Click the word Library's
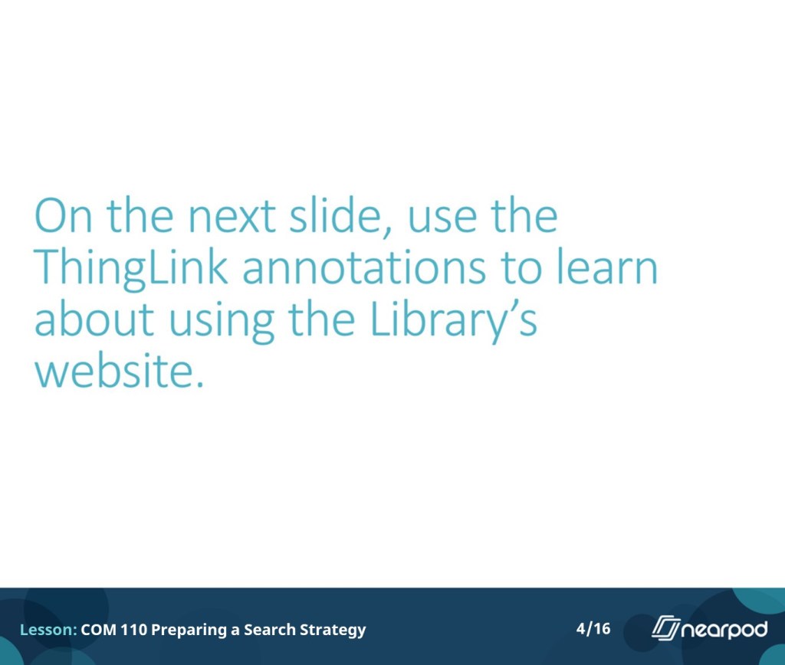point(453,322)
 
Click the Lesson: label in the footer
point(48,630)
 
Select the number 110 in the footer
point(134,630)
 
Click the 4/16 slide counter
point(593,628)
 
